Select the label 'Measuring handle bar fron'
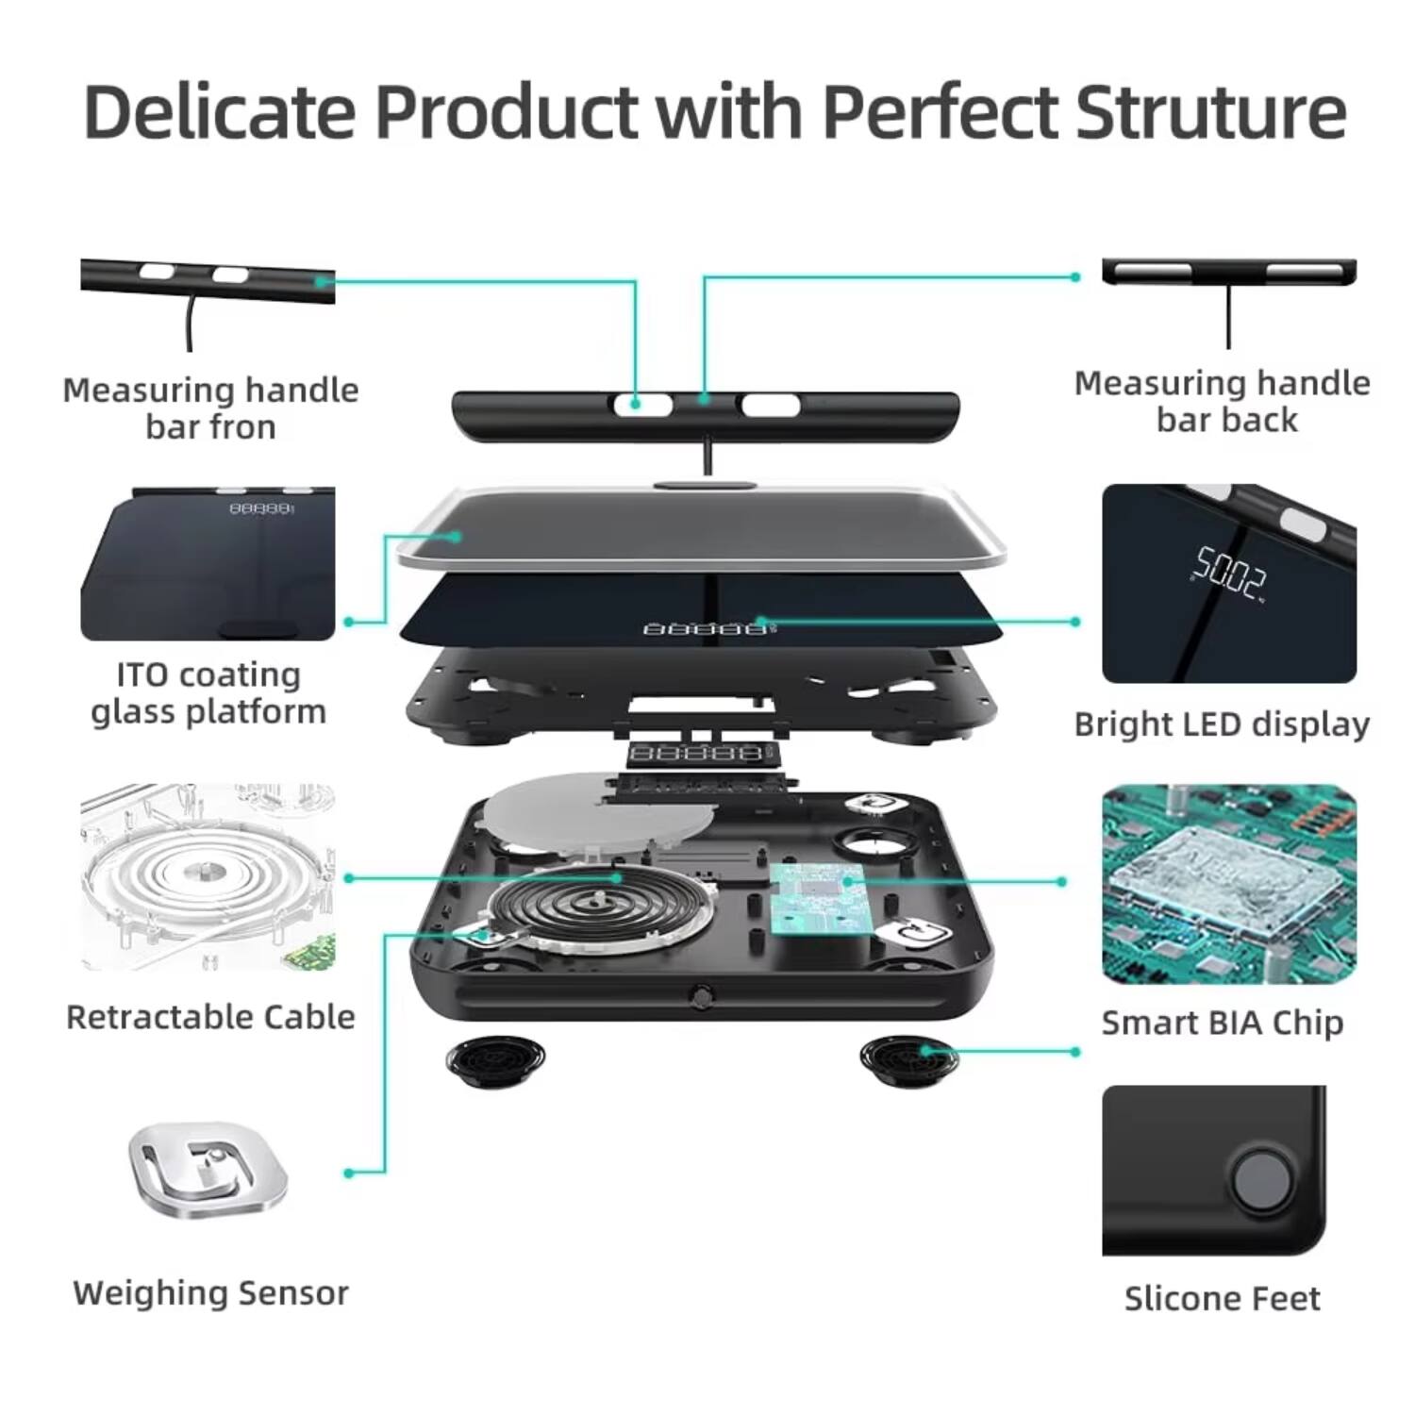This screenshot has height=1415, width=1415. click(x=210, y=408)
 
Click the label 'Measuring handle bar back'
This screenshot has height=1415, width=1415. click(x=1223, y=401)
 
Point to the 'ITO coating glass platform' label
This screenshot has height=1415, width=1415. click(x=208, y=693)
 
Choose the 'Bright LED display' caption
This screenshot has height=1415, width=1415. click(x=1222, y=724)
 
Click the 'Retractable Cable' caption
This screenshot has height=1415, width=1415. click(x=210, y=1017)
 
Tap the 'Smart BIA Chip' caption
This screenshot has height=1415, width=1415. click(x=1223, y=1023)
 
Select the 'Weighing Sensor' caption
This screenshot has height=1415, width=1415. click(x=210, y=1292)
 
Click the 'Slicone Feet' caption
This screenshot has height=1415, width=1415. click(x=1223, y=1299)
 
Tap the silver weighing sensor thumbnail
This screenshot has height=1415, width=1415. click(x=208, y=1170)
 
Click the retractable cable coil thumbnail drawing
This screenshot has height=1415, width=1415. click(x=208, y=875)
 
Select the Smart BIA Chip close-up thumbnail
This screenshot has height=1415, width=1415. click(x=1229, y=884)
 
